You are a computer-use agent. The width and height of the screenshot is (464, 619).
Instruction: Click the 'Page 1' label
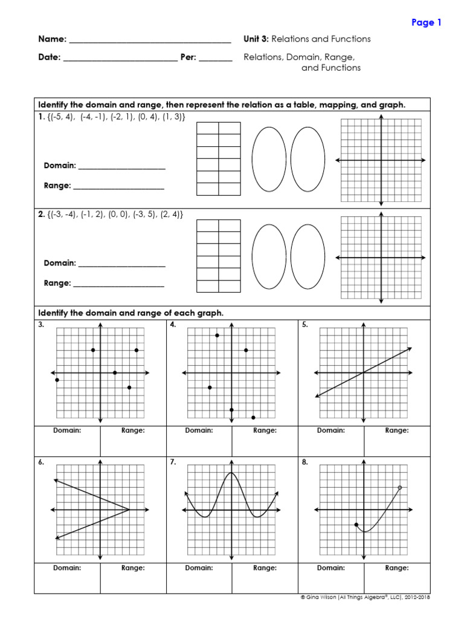coord(427,22)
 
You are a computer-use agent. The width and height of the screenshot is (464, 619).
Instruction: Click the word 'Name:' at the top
coord(52,39)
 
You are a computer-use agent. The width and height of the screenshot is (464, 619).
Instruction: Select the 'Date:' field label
coord(49,57)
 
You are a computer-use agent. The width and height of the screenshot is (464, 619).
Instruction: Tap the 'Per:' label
coord(188,57)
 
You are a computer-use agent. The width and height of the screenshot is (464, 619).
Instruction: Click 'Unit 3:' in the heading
coord(256,39)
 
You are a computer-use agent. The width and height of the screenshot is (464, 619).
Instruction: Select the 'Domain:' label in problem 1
coord(60,166)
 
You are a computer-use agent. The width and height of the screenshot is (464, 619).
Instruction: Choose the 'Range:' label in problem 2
coord(57,283)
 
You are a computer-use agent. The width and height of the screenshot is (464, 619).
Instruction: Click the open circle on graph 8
coord(400,488)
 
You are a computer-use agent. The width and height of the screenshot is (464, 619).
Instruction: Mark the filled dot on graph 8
coord(356,525)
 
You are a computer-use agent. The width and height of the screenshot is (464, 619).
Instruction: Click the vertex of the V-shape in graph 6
coord(129,510)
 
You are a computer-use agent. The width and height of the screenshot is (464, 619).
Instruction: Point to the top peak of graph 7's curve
coord(231,473)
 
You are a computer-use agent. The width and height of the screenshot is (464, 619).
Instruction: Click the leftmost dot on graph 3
coord(57,380)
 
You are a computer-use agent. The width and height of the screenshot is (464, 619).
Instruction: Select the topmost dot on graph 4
coord(217,335)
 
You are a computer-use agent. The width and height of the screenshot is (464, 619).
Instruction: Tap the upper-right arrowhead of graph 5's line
coord(410,348)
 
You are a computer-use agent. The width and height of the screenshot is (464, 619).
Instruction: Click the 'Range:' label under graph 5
coord(397,430)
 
